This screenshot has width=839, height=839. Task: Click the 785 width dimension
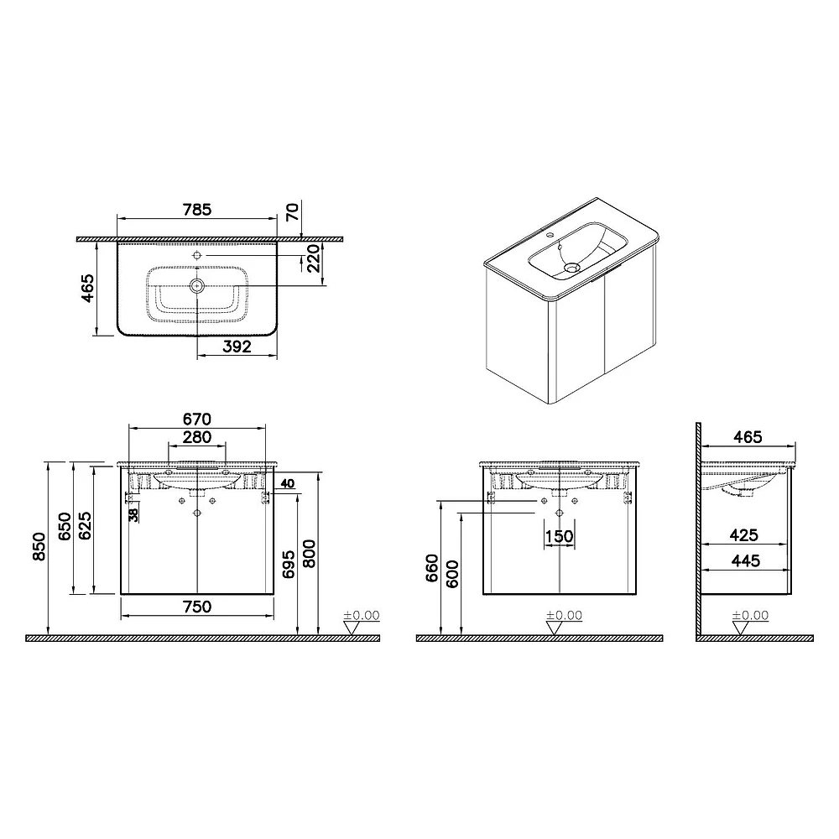click(x=197, y=209)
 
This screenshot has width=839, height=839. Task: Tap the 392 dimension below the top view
click(x=237, y=347)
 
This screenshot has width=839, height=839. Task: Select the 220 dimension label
click(x=314, y=258)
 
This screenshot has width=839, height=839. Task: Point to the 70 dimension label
click(x=292, y=211)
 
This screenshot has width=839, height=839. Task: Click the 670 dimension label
click(x=197, y=419)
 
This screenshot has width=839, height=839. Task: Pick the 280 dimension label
click(x=197, y=437)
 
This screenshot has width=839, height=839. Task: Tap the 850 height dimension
click(x=39, y=546)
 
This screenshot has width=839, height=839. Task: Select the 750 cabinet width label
click(x=197, y=607)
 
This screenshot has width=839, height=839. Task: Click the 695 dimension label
click(x=289, y=564)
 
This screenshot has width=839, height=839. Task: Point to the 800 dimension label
click(x=310, y=554)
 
